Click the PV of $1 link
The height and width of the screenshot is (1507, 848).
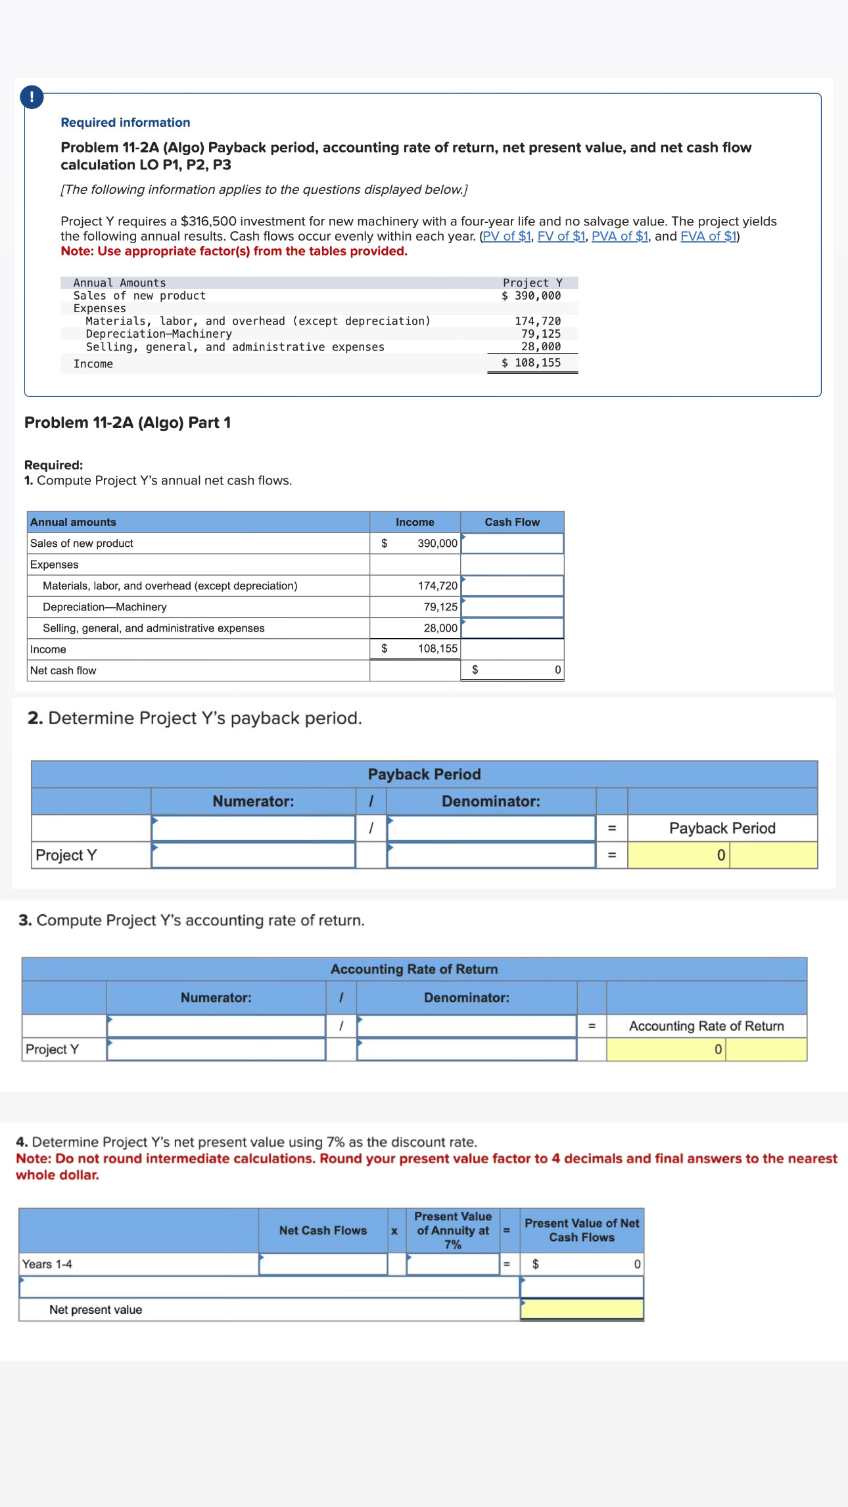tap(506, 237)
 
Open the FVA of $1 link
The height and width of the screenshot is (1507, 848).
tap(709, 237)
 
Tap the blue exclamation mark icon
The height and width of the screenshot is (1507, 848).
tap(32, 97)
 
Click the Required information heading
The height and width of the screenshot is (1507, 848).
tap(125, 122)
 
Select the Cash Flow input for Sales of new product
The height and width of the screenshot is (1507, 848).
tap(512, 544)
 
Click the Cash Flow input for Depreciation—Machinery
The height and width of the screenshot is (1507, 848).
tap(512, 607)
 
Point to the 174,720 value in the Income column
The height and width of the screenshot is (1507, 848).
tap(437, 586)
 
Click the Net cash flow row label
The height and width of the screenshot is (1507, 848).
tap(63, 670)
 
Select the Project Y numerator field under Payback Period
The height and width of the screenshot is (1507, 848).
tap(254, 855)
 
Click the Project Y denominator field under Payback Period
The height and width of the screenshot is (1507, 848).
tap(491, 855)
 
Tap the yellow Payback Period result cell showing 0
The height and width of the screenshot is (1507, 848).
tap(722, 855)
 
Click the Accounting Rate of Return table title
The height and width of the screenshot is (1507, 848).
tap(414, 969)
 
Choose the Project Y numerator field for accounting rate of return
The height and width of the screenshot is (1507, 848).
tap(216, 1049)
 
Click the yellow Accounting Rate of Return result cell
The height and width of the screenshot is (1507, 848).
tap(706, 1049)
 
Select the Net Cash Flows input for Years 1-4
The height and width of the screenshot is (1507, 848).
tap(323, 1264)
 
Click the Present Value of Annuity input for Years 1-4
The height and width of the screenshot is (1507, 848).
tap(453, 1264)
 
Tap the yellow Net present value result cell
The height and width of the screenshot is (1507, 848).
tap(582, 1309)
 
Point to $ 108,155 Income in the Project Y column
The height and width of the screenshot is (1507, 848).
tap(531, 363)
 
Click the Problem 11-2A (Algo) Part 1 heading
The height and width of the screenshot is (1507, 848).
tap(128, 423)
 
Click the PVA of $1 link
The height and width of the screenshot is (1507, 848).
tap(620, 237)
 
